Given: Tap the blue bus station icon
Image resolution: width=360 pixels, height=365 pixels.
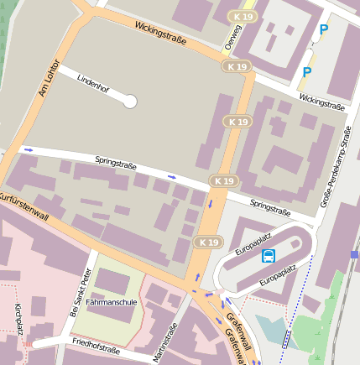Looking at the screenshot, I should (269, 256).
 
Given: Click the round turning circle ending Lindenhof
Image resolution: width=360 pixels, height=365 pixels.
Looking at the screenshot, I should (129, 102).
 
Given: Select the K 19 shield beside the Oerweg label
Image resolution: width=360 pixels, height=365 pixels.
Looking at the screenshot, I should (244, 17).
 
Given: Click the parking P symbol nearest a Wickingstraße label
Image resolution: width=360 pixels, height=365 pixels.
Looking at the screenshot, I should (306, 73).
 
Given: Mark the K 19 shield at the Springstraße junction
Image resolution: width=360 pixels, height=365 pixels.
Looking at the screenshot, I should (223, 180).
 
